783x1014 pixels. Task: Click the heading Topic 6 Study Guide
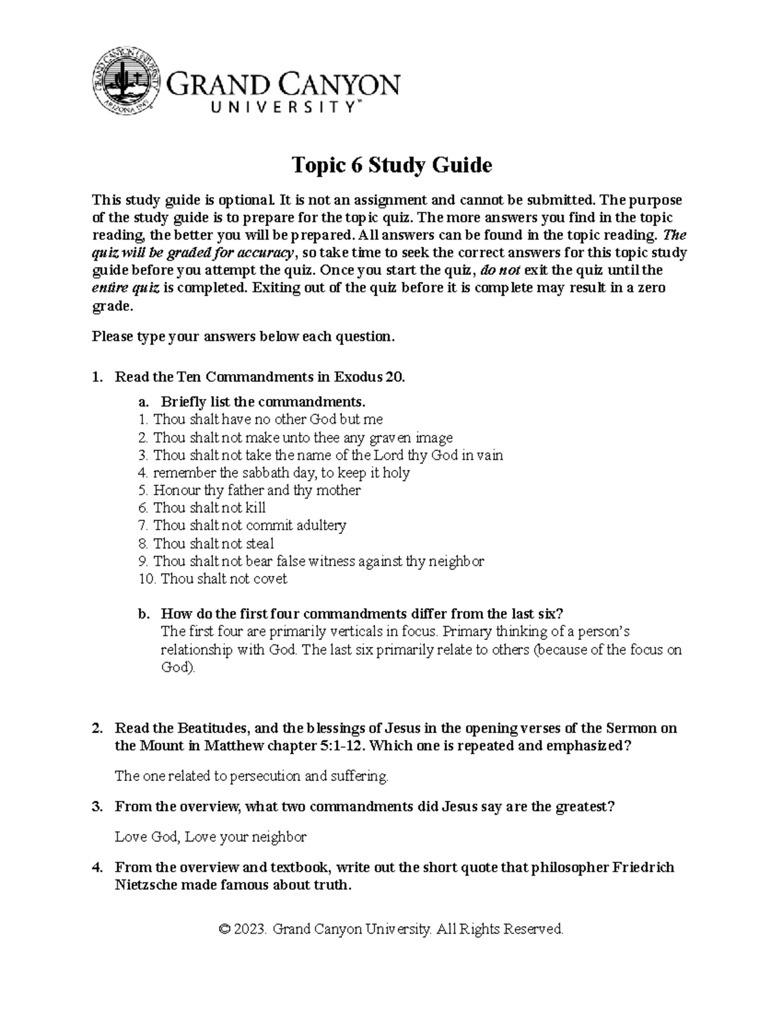(391, 165)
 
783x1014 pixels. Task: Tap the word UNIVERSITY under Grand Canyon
(264, 108)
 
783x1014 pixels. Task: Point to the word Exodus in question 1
(358, 377)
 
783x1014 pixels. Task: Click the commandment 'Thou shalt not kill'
(209, 508)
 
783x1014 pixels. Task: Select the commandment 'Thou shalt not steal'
(213, 543)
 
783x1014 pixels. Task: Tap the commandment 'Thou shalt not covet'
(223, 578)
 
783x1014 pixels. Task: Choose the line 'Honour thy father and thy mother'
(256, 490)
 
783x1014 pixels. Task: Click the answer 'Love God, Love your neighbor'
(210, 837)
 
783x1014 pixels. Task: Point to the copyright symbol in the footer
(226, 929)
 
